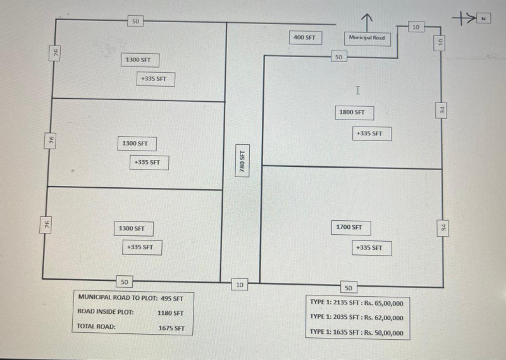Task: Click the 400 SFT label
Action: pyautogui.click(x=304, y=38)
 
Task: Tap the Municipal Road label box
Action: pyautogui.click(x=366, y=38)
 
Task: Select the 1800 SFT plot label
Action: pyautogui.click(x=352, y=113)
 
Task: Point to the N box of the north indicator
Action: pyautogui.click(x=483, y=19)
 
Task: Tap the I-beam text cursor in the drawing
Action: pyautogui.click(x=358, y=90)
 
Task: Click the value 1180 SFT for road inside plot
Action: pyautogui.click(x=170, y=313)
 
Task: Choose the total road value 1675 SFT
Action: pyautogui.click(x=171, y=328)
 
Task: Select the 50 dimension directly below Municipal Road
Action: pyautogui.click(x=338, y=58)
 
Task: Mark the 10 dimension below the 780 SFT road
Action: pyautogui.click(x=239, y=285)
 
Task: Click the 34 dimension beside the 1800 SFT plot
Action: pyautogui.click(x=442, y=110)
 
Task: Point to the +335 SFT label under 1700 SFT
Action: pyautogui.click(x=369, y=248)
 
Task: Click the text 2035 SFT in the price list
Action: pyautogui.click(x=346, y=318)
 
